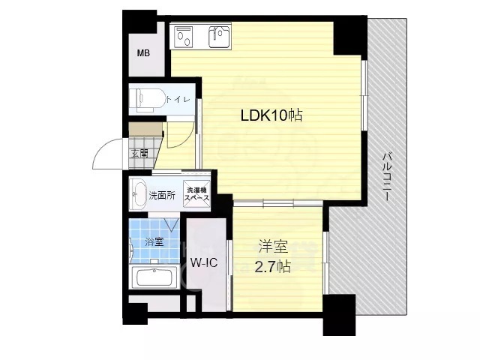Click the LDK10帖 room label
pyautogui.click(x=271, y=116)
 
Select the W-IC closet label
pyautogui.click(x=202, y=263)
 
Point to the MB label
pyautogui.click(x=143, y=54)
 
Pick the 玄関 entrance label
pyautogui.click(x=139, y=153)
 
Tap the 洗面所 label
pyautogui.click(x=161, y=196)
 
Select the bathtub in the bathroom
pyautogui.click(x=154, y=278)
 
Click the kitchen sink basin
pyautogui.click(x=220, y=34)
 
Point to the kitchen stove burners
pyautogui.click(x=184, y=34)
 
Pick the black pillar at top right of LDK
pyautogui.click(x=349, y=33)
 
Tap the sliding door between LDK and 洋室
pyautogui.click(x=277, y=202)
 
